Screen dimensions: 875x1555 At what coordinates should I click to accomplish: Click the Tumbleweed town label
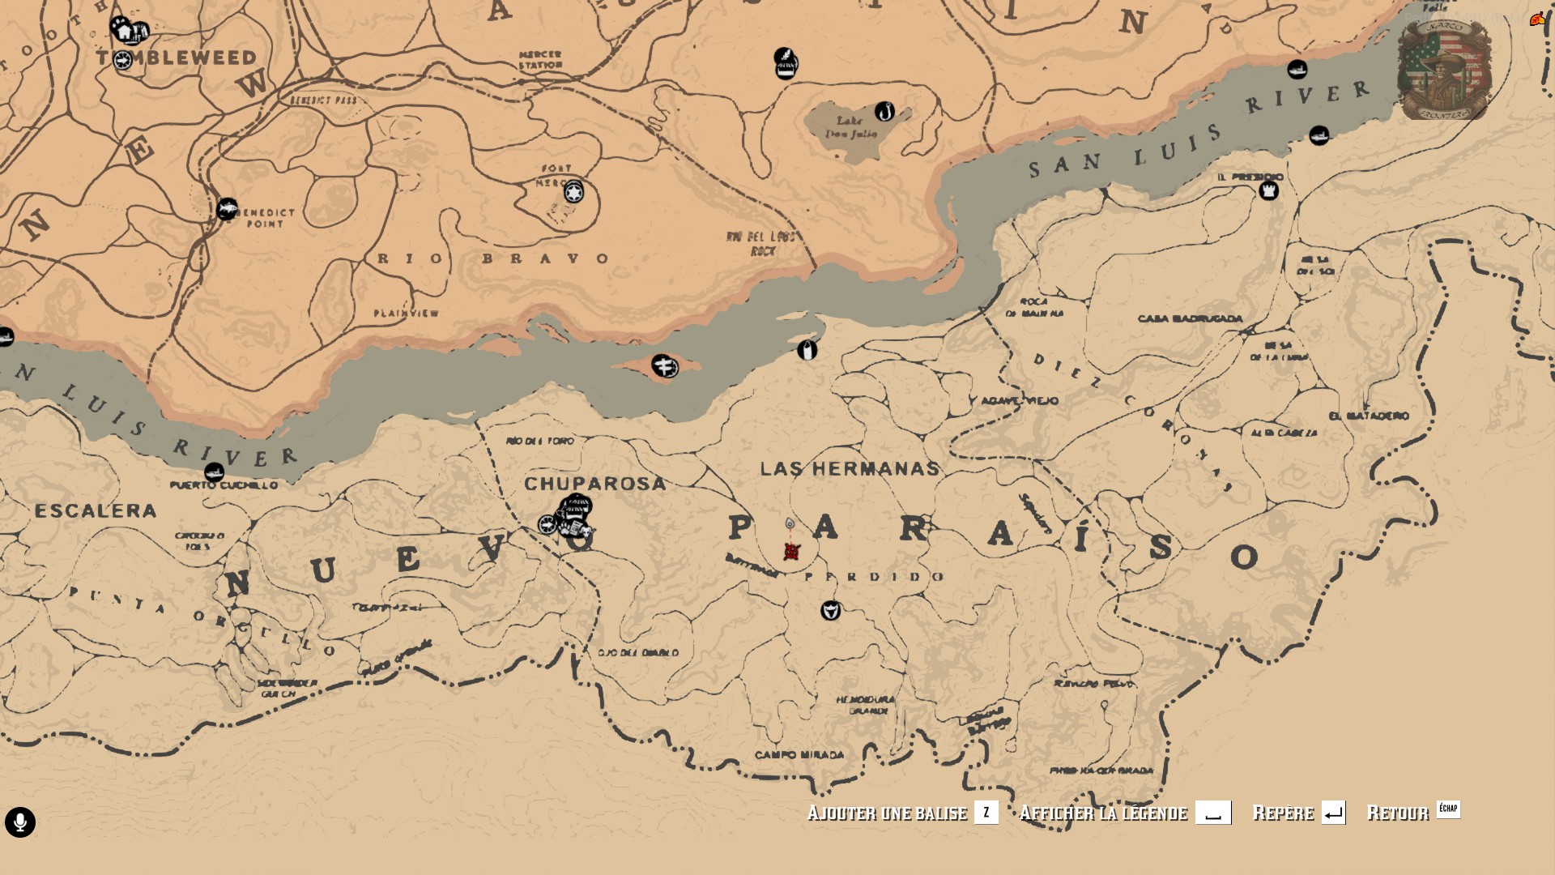tap(177, 58)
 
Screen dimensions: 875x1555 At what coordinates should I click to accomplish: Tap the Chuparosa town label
tap(594, 484)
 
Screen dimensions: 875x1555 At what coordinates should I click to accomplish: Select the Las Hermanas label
tap(850, 468)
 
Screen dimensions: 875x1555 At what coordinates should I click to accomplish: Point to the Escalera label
tap(96, 510)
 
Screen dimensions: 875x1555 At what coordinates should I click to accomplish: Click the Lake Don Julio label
tap(850, 127)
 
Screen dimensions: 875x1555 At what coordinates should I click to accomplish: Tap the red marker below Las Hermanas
tap(792, 552)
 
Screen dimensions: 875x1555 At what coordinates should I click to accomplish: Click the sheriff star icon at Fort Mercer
tap(573, 193)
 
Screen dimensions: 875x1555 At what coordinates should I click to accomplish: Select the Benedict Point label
tap(266, 218)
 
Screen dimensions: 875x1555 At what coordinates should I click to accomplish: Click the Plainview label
tap(406, 313)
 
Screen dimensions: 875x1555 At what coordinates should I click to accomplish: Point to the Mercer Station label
tap(540, 60)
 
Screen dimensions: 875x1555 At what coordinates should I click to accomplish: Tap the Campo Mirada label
tap(799, 755)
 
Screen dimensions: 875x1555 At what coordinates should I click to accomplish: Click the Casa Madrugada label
tap(1190, 318)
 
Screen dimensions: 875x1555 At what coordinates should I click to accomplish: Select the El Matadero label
tap(1369, 416)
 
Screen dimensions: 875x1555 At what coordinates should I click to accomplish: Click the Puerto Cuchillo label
tap(224, 485)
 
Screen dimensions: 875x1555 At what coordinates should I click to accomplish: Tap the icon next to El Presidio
tap(1268, 191)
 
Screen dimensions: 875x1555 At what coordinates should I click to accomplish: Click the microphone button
tap(20, 822)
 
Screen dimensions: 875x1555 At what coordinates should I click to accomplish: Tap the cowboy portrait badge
tap(1444, 70)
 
